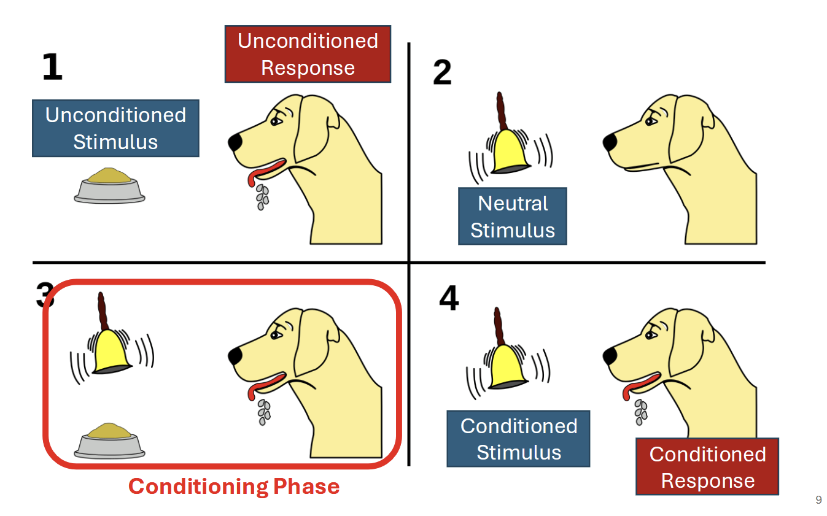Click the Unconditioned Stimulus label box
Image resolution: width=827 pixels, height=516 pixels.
click(115, 128)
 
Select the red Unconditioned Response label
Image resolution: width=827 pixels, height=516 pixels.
click(308, 54)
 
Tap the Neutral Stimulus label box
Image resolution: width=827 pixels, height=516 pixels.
click(512, 217)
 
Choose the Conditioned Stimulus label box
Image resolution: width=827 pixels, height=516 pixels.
click(519, 439)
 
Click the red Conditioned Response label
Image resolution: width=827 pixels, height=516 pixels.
click(707, 467)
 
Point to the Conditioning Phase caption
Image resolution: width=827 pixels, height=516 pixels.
click(233, 487)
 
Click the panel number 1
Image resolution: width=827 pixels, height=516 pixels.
click(52, 67)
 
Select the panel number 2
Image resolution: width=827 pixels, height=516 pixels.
click(442, 73)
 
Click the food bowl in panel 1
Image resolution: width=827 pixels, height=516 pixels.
click(110, 186)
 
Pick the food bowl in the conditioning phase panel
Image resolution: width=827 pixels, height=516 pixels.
click(110, 442)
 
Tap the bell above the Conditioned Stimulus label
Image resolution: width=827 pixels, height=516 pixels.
click(507, 366)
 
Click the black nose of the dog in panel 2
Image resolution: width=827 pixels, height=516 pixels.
click(610, 142)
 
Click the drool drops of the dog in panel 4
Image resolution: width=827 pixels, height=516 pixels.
click(640, 412)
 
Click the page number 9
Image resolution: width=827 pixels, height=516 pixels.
click(818, 500)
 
